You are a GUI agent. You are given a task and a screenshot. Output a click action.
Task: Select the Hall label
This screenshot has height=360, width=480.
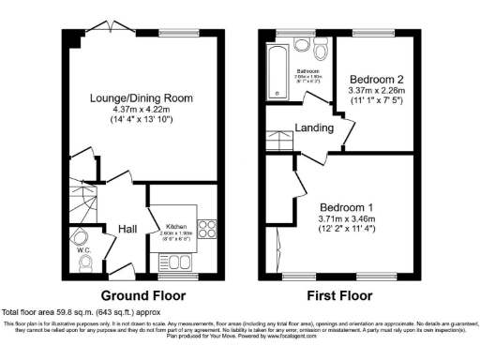point(128,229)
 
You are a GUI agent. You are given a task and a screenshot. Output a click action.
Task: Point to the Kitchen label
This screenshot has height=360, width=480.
point(178,227)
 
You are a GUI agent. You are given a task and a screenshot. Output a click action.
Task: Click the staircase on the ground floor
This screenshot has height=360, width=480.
point(83,201)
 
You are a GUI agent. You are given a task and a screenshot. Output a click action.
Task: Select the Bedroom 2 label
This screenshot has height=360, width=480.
point(378,79)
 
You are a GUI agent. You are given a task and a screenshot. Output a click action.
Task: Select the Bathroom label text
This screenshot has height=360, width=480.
point(309,69)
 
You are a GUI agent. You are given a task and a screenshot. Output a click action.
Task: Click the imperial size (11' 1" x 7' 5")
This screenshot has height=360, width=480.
point(378,99)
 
